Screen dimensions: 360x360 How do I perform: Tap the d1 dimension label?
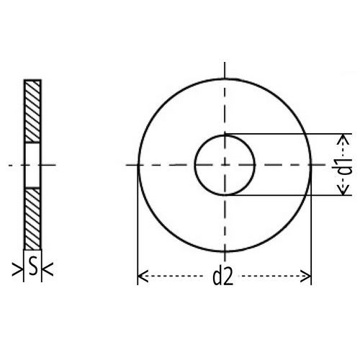click(x=344, y=165)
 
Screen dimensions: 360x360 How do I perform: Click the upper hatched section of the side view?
click(x=33, y=111)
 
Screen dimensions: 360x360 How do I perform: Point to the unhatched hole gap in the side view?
click(x=33, y=165)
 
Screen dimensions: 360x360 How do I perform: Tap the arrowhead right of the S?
click(x=48, y=270)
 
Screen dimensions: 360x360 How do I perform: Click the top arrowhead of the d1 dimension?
click(x=344, y=138)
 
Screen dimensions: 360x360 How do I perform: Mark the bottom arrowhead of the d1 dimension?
click(x=344, y=191)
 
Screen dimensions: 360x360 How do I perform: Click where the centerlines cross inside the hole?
click(x=225, y=165)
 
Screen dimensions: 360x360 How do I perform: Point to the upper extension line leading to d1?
click(x=288, y=135)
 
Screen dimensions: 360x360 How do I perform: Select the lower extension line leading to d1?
click(x=288, y=195)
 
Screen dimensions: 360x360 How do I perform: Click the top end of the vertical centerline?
click(x=225, y=63)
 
